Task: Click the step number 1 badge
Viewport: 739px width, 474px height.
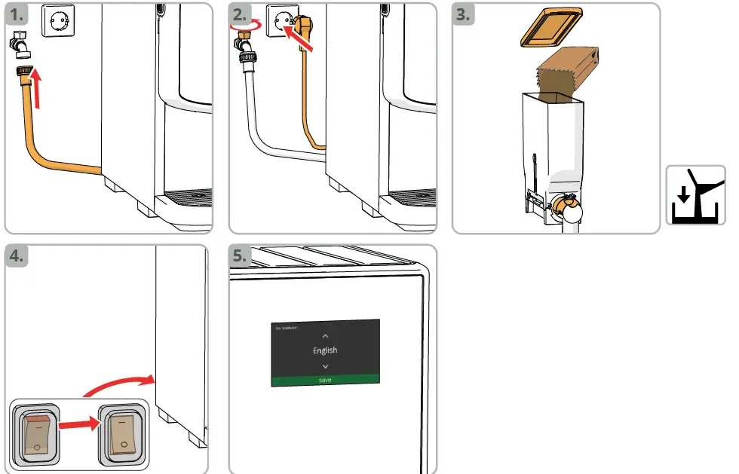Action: (19, 14)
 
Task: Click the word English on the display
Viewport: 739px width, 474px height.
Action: (325, 350)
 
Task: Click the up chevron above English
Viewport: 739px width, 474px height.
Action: (325, 335)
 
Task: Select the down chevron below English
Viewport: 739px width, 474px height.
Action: (325, 366)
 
